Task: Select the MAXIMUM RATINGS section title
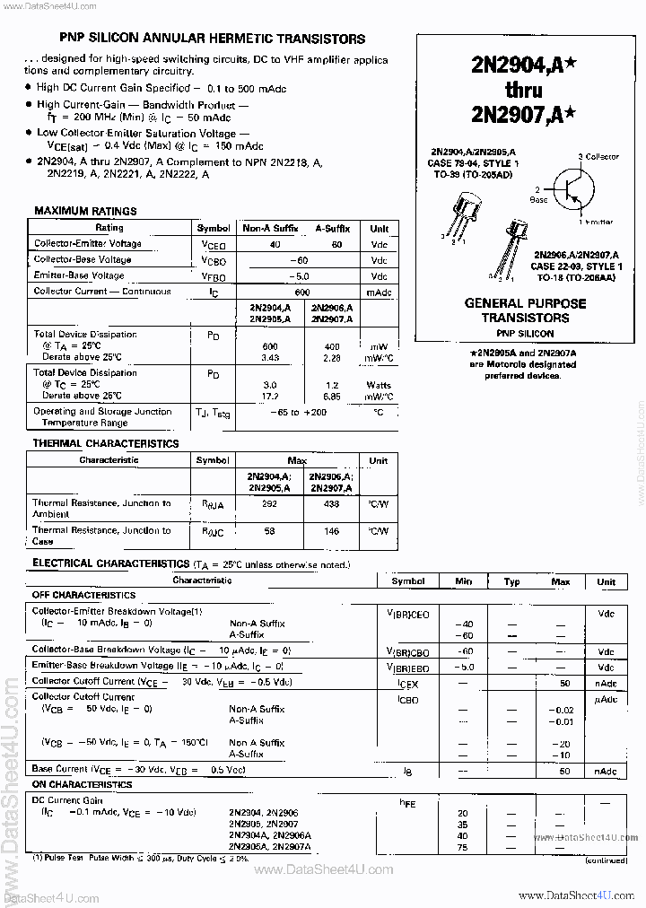pyautogui.click(x=85, y=211)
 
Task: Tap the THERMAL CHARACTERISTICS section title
pyautogui.click(x=106, y=443)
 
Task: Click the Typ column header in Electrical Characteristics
pyautogui.click(x=511, y=581)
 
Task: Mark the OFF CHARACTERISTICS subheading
pyautogui.click(x=83, y=595)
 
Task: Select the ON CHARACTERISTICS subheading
pyautogui.click(x=82, y=784)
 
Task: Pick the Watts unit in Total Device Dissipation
pyautogui.click(x=379, y=384)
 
